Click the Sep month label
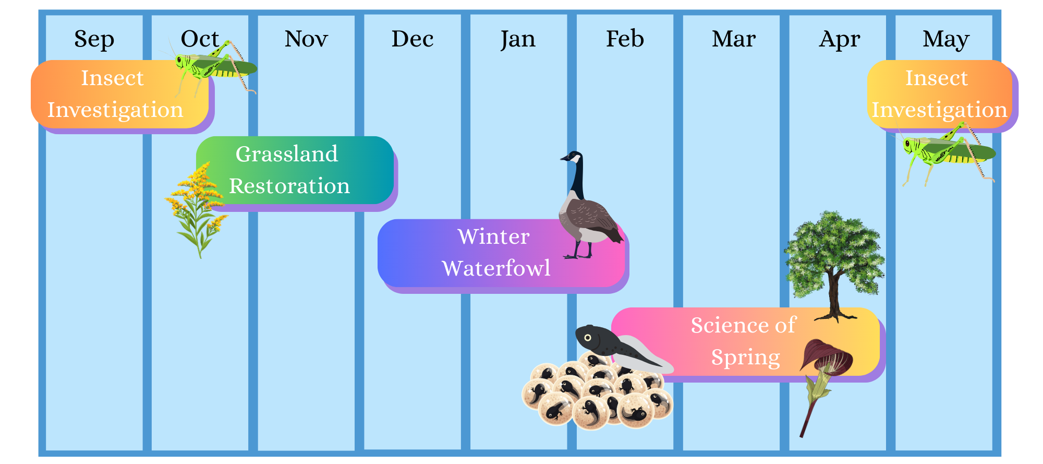click(94, 40)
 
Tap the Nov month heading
click(306, 39)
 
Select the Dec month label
click(413, 39)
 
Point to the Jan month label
click(518, 40)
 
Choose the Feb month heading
click(625, 39)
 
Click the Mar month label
click(734, 39)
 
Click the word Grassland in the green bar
click(287, 154)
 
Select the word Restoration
click(289, 186)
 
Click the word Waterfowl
click(496, 268)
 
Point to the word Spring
click(746, 358)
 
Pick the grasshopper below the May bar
click(947, 152)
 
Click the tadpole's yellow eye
click(588, 338)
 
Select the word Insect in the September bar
click(112, 78)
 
